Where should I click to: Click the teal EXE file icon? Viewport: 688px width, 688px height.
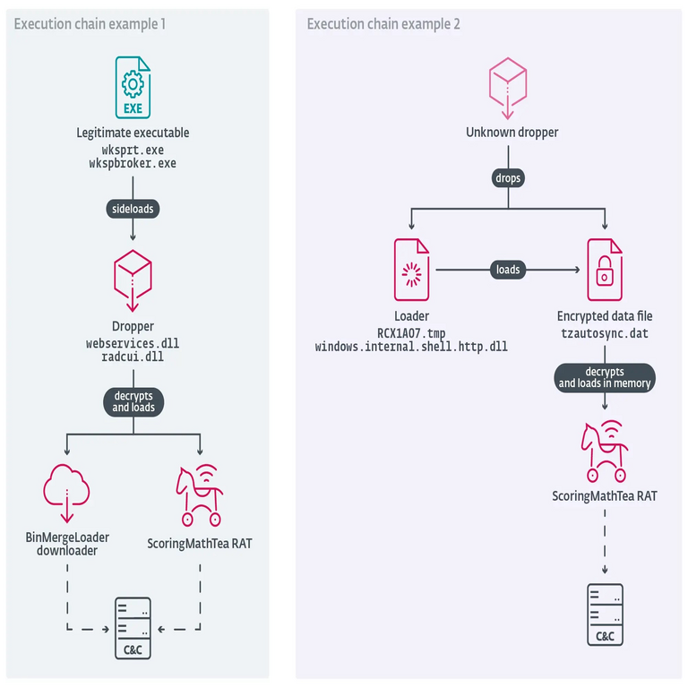tap(133, 87)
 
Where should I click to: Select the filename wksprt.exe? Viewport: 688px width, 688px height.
tap(133, 150)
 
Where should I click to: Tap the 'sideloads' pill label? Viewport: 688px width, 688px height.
tap(133, 208)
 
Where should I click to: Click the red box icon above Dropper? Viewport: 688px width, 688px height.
tap(133, 278)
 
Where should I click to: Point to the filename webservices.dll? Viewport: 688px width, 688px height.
tap(133, 343)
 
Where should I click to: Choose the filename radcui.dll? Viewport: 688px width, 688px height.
tap(133, 357)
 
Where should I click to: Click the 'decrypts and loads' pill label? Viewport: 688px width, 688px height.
tap(133, 401)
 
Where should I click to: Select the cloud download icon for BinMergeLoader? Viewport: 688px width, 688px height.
tap(67, 492)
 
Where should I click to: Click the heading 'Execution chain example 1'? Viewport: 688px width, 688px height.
tap(90, 24)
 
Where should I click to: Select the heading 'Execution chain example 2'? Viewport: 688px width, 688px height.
tap(383, 24)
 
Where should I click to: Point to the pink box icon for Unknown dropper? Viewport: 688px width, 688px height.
tap(508, 86)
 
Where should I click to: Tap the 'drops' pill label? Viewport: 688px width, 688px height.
tap(508, 178)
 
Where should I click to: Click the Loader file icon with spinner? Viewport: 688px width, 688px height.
tap(411, 269)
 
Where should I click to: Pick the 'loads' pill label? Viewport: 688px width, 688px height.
tap(508, 269)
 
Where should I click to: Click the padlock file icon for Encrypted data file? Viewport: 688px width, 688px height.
tap(605, 269)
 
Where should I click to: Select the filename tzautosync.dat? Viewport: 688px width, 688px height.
tap(605, 332)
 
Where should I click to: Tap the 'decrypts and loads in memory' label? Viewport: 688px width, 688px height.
tap(605, 378)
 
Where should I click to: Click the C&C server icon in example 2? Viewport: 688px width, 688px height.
tap(605, 615)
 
